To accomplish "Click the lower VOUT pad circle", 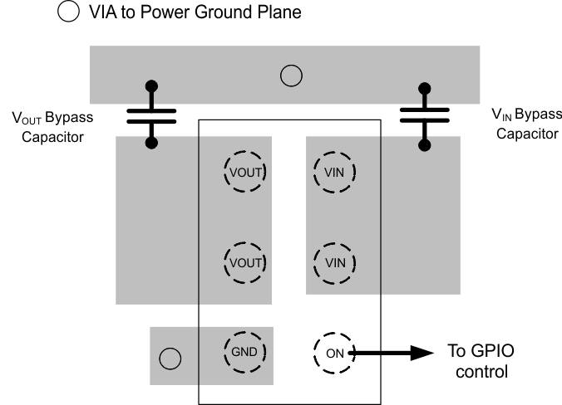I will pyautogui.click(x=244, y=263).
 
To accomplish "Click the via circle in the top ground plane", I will pyautogui.click(x=290, y=76).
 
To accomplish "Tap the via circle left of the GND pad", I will pyautogui.click(x=170, y=359).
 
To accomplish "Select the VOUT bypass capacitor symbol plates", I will pyautogui.click(x=151, y=115).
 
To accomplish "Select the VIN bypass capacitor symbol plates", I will pyautogui.click(x=425, y=115).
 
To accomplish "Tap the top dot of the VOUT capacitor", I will pyautogui.click(x=151, y=85).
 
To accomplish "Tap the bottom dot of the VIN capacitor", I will pyautogui.click(x=425, y=145).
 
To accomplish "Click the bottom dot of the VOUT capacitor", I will pyautogui.click(x=151, y=143).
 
